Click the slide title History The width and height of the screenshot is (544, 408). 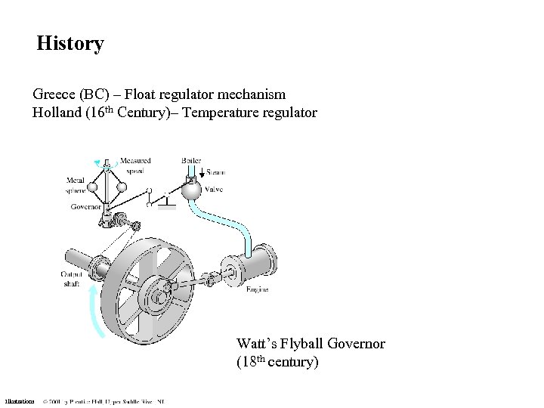(x=70, y=44)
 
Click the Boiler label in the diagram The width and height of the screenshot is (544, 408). (x=191, y=160)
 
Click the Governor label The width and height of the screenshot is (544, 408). (x=87, y=206)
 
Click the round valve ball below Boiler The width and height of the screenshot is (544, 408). (x=193, y=192)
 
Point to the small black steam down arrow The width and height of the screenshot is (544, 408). (x=199, y=172)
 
